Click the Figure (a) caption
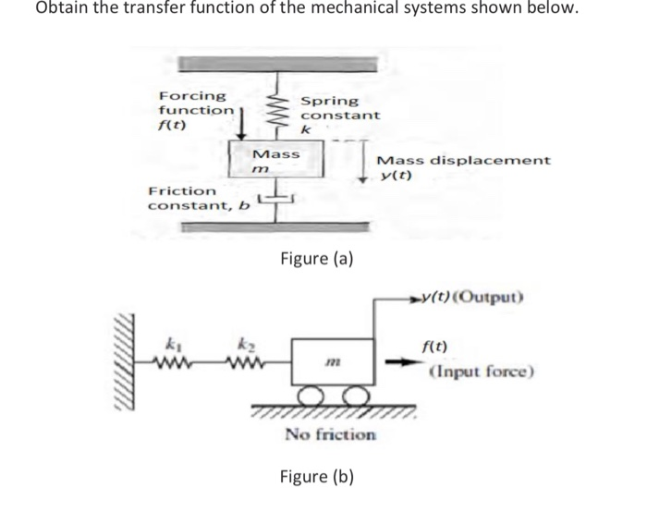tap(316, 259)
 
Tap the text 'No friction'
tap(330, 433)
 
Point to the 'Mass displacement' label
tap(464, 160)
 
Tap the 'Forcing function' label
tap(195, 103)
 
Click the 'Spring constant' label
tap(339, 108)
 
